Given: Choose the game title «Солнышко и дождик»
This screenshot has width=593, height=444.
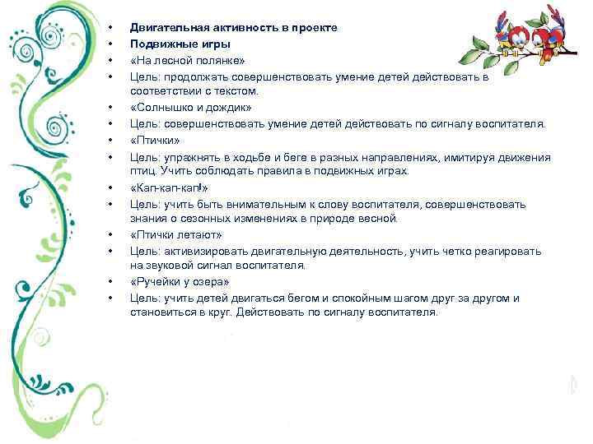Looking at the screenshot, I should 190,108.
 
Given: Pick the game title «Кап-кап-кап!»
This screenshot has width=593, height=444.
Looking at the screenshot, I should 163,187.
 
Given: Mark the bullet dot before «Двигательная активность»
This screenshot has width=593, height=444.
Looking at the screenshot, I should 110,28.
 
